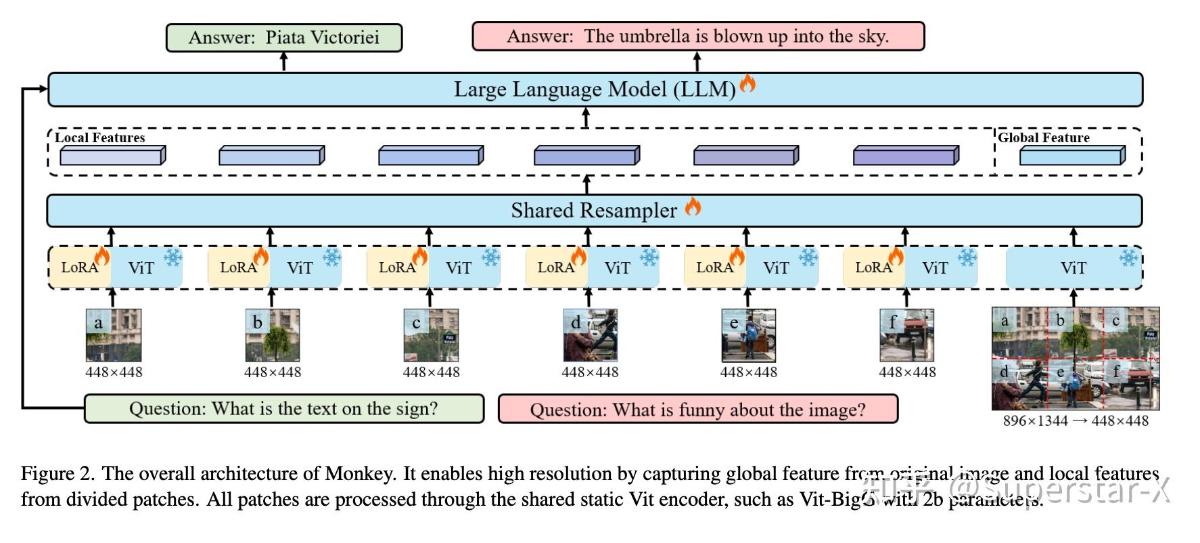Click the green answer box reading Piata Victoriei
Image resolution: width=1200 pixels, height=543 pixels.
coord(284,37)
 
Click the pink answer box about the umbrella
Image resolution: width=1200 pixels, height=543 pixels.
coord(697,36)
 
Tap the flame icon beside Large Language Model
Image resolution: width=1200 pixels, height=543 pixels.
coord(747,83)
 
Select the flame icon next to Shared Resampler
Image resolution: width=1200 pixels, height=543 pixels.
coord(693,206)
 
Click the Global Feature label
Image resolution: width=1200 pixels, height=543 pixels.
coord(1044,137)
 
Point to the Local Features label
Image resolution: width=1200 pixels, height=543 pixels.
coord(99,137)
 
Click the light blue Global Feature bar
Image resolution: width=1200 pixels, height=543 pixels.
coord(1071,156)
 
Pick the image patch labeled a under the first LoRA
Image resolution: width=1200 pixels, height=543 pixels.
coord(114,335)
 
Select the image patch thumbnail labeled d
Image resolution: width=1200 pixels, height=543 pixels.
coord(590,335)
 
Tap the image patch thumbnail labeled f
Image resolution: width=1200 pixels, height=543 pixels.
coord(907,335)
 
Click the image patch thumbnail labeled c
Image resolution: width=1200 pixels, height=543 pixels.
coord(431,335)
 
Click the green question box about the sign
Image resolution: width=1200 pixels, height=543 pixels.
coord(284,409)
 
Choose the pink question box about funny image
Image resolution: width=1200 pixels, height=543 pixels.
coord(697,410)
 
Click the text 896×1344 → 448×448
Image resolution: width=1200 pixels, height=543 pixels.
coord(1076,421)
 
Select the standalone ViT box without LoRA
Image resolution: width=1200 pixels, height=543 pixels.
coord(1073,268)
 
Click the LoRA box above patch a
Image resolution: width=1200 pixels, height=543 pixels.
coord(80,267)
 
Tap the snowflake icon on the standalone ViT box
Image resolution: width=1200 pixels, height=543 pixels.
coord(1128,258)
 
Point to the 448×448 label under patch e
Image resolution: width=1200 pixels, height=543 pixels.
coord(748,372)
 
